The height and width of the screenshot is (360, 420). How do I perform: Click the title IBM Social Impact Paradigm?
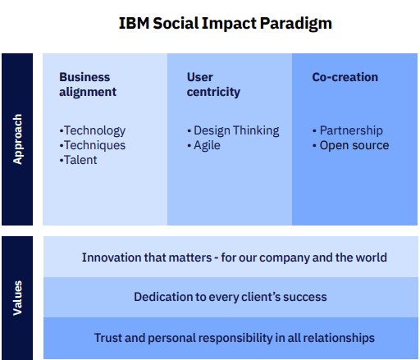(226, 24)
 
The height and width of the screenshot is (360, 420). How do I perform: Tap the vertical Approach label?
(17, 139)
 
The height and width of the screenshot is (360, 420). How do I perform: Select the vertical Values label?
(17, 298)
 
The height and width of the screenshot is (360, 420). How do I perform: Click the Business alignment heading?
(88, 84)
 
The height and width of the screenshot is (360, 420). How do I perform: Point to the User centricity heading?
(213, 84)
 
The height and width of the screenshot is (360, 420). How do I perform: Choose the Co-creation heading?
(345, 77)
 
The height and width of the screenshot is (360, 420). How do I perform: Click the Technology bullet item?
(93, 131)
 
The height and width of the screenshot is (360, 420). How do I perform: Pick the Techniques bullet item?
(93, 146)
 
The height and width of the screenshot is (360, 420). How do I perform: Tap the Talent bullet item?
(78, 160)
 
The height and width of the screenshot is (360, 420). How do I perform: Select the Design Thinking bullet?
(233, 131)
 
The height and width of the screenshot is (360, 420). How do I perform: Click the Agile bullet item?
(203, 146)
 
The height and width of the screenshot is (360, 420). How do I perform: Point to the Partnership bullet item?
(348, 131)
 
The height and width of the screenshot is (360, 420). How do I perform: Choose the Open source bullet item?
(351, 145)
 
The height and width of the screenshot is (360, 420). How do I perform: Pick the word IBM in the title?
(135, 23)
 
